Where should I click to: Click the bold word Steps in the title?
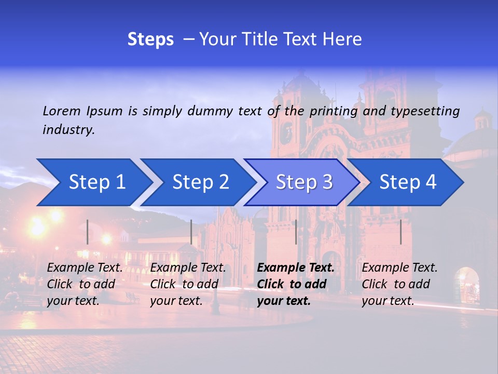coord(150,39)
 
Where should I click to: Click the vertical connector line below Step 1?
coord(88,232)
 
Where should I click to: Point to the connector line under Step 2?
coord(191,232)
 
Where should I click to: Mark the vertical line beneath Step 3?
coord(296,232)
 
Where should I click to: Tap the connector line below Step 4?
coord(401,232)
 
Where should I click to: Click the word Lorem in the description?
coord(62,111)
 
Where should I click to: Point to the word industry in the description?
coord(68,129)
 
